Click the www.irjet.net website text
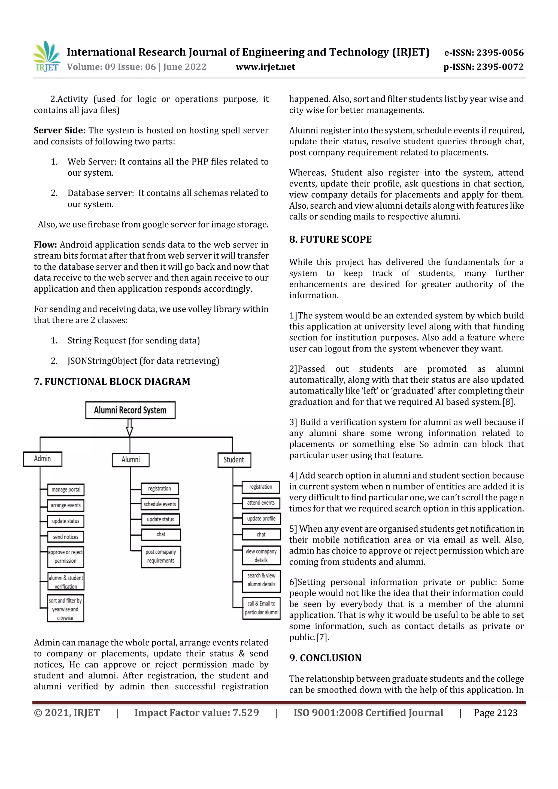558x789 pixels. pos(265,67)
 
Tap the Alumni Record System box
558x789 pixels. pos(130,410)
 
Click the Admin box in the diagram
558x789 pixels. pos(42,459)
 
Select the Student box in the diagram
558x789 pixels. pos(234,460)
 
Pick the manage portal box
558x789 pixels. pos(66,490)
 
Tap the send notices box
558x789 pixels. pos(65,537)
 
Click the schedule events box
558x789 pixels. pos(160,504)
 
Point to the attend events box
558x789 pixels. pos(261,503)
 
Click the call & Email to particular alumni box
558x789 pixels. pos(261,608)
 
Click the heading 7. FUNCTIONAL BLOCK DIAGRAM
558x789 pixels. pos(112,382)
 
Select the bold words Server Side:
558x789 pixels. pos(59,130)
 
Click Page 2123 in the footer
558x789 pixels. pos(495,713)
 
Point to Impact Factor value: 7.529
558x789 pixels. pos(196,713)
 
